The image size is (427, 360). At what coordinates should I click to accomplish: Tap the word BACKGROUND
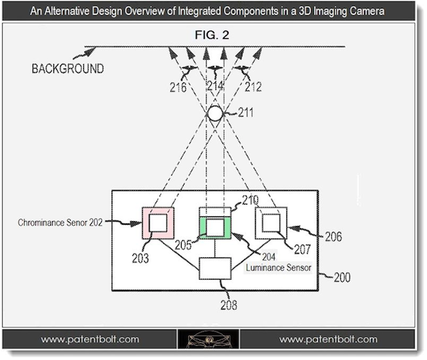[68, 69]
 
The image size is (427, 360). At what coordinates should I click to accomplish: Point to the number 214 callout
[216, 87]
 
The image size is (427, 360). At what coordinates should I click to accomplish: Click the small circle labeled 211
[215, 112]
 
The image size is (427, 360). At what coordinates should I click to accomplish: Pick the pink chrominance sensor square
[158, 223]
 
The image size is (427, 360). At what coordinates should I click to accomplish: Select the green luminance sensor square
[215, 225]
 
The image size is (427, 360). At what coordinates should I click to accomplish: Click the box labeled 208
[215, 268]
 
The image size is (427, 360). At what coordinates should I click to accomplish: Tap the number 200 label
[339, 277]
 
